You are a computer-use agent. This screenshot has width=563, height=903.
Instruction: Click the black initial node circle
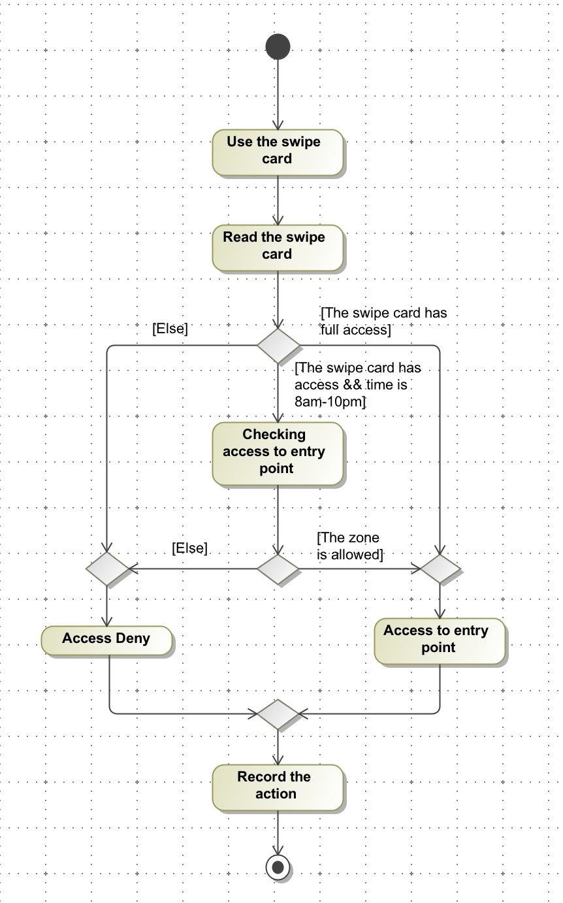point(278,46)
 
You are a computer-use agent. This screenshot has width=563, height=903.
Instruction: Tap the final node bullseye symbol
point(278,868)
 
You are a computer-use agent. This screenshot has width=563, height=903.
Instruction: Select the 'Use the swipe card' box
point(277,151)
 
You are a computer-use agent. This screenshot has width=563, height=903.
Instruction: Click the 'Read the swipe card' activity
point(277,246)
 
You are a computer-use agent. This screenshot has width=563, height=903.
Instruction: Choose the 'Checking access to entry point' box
point(277,452)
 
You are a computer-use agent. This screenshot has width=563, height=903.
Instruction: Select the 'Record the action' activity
point(277,786)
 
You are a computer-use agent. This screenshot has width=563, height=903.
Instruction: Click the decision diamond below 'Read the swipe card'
point(278,345)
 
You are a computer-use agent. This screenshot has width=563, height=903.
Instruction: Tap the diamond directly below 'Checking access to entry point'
point(278,568)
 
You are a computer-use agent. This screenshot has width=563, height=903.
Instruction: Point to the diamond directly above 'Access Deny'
point(108,568)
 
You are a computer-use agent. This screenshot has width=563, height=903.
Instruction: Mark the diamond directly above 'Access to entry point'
point(440,568)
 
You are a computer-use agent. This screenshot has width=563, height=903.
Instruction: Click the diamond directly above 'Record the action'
point(278,714)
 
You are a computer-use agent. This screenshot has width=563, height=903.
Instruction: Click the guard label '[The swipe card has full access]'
point(384,321)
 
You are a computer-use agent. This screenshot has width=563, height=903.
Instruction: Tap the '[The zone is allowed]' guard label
point(349,546)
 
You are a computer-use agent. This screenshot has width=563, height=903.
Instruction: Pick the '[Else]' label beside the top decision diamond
point(170,329)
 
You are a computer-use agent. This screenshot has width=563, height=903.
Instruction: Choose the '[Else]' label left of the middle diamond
point(189,549)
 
